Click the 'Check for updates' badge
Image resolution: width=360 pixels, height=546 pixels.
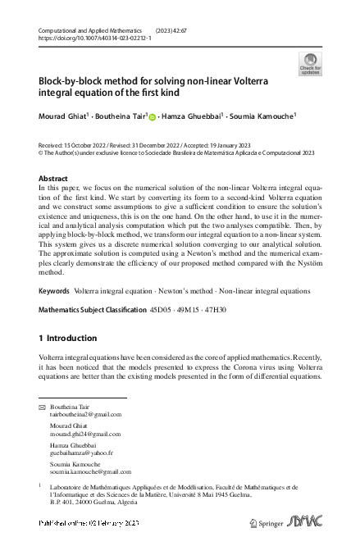click(x=310, y=65)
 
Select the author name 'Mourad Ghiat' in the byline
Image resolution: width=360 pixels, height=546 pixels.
click(x=62, y=116)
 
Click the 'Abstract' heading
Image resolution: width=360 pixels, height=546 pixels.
click(x=54, y=178)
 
